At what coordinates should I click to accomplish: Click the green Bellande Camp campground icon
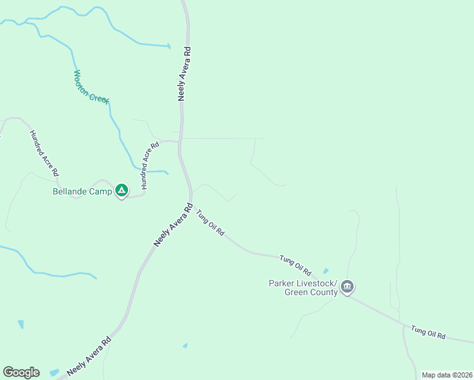(x=122, y=190)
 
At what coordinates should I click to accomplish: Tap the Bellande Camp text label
(x=82, y=191)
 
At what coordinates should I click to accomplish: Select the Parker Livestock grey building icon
(x=347, y=287)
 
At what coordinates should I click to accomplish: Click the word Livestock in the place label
(x=317, y=282)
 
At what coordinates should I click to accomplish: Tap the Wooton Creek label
(x=91, y=87)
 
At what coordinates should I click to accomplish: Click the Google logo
(x=21, y=372)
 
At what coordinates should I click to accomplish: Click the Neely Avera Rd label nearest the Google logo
(x=89, y=357)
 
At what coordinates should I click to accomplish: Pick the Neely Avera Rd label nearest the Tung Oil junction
(x=172, y=225)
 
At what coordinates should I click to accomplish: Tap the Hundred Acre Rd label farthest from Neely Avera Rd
(x=44, y=153)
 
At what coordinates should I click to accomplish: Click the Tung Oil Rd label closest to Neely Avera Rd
(x=210, y=223)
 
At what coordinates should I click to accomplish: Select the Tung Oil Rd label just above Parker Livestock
(x=300, y=265)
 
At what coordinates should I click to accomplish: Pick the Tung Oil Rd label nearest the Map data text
(x=428, y=332)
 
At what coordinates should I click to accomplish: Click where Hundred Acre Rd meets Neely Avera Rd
(x=180, y=141)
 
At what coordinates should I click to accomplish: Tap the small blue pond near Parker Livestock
(x=326, y=271)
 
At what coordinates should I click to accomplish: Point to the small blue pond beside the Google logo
(x=54, y=372)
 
